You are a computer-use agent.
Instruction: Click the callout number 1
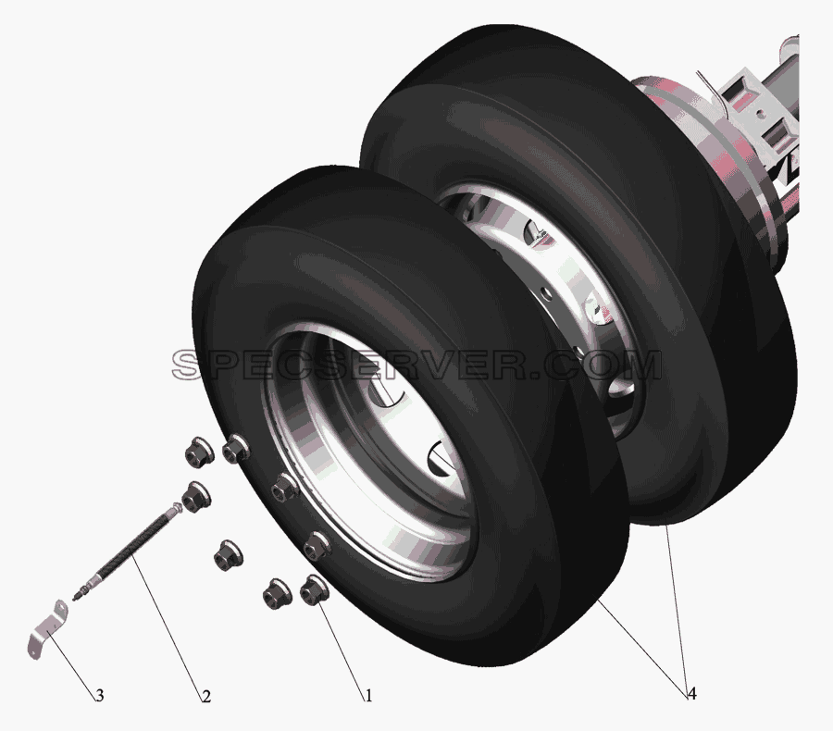[x=367, y=696]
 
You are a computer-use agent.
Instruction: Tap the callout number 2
[x=206, y=696]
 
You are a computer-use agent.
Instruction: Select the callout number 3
[x=99, y=696]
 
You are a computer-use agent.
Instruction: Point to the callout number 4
[x=691, y=693]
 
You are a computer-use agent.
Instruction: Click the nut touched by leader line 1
[x=314, y=590]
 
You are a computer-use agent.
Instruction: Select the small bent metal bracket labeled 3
[x=48, y=630]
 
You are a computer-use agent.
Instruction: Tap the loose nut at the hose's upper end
[x=195, y=496]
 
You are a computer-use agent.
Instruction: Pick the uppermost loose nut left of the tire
[x=200, y=452]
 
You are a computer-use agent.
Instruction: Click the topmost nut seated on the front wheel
[x=236, y=450]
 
